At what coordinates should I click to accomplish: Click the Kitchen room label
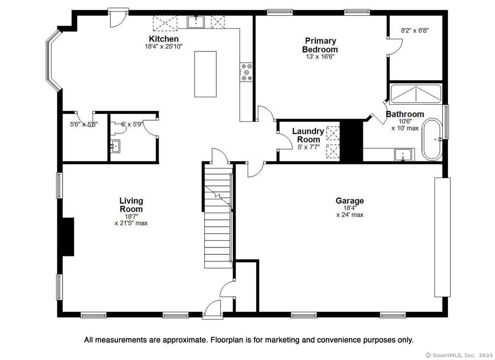click(164, 39)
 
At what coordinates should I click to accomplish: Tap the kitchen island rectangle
click(205, 74)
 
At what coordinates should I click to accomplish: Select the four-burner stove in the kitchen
click(246, 72)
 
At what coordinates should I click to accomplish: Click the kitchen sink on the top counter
click(196, 22)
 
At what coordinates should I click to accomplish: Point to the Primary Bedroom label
click(320, 45)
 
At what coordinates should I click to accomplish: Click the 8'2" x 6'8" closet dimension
click(415, 31)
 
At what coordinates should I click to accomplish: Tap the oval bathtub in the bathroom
click(432, 139)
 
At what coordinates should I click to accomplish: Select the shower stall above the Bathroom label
click(416, 94)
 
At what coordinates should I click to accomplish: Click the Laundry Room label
click(308, 135)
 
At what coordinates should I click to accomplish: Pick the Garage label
click(350, 201)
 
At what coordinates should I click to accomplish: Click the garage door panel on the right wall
click(442, 237)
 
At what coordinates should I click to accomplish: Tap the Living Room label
click(131, 205)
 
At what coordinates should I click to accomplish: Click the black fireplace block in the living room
click(68, 237)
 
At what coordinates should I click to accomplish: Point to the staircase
click(218, 218)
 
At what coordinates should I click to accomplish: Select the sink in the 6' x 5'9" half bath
click(115, 146)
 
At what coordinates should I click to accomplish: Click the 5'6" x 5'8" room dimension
click(84, 124)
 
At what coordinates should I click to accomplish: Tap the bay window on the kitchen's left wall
click(53, 60)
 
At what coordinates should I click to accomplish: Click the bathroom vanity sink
click(403, 155)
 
